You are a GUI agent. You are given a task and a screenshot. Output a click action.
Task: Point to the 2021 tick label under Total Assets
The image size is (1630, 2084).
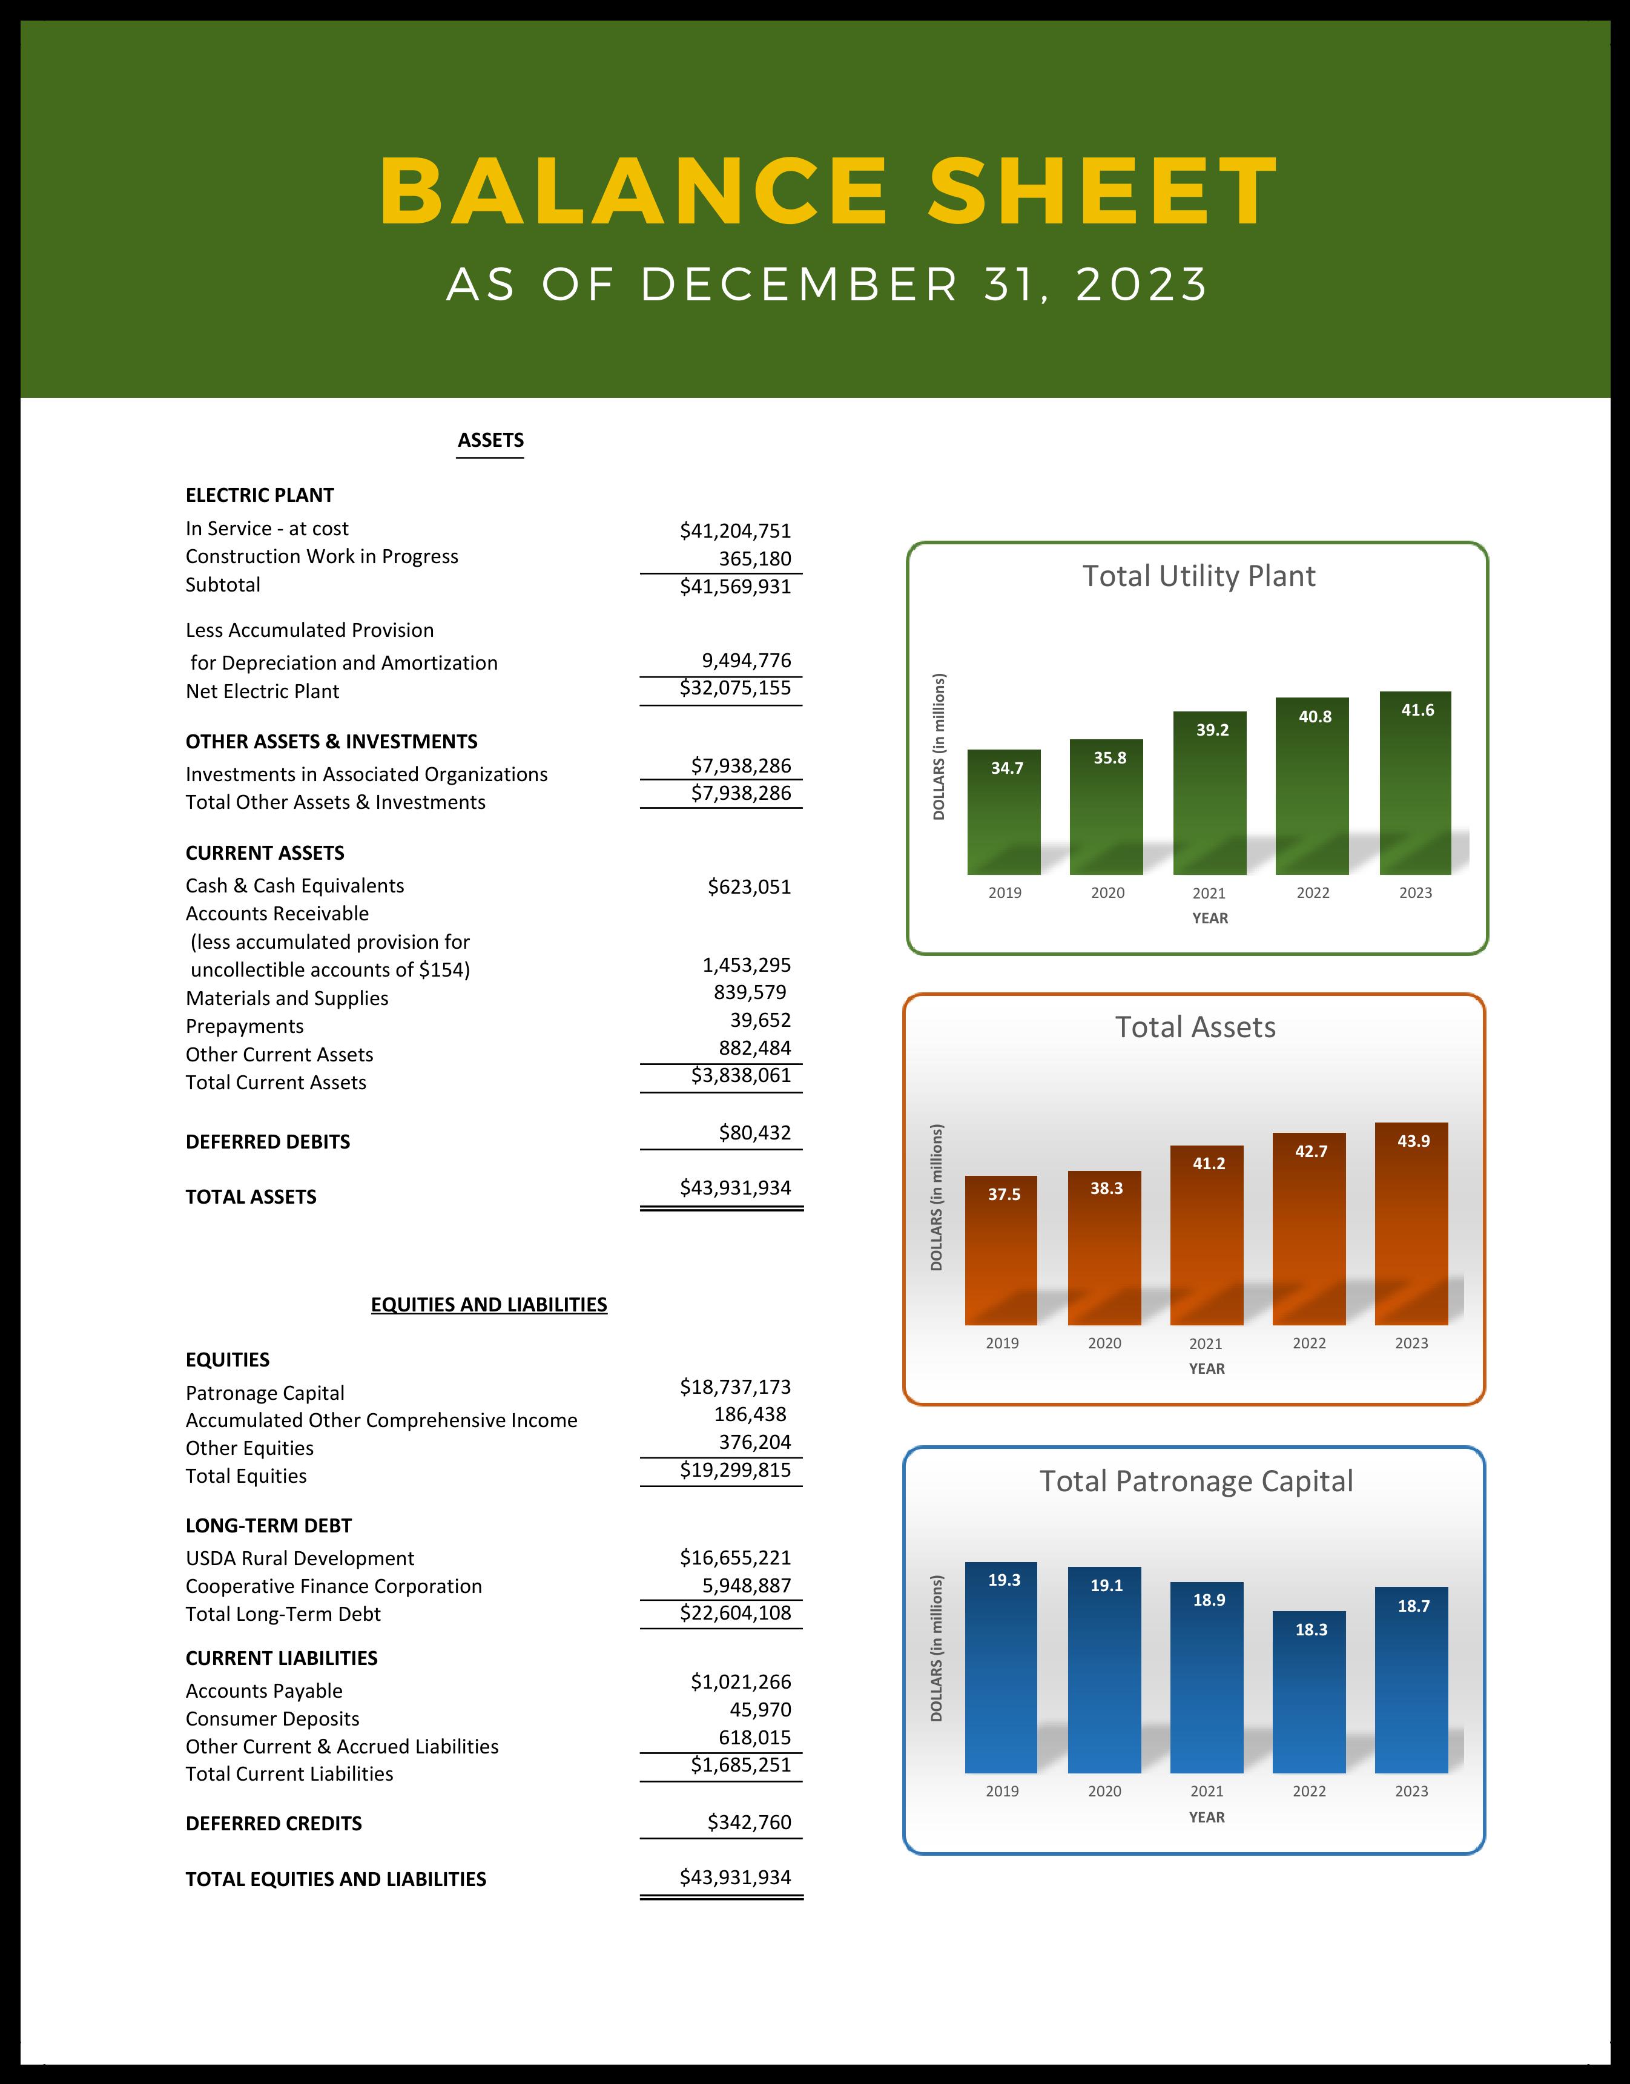coord(1206,1344)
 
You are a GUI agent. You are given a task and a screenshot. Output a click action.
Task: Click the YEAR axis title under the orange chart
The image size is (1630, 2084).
coord(1206,1368)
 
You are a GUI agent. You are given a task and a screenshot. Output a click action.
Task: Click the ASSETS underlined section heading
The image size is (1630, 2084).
coord(490,440)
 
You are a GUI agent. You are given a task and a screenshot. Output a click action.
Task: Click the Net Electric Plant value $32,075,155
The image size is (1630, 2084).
coord(735,688)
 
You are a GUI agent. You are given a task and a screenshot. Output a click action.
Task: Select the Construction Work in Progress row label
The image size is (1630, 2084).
coord(322,556)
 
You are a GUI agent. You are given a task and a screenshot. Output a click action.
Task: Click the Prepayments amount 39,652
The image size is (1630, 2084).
coord(761,1020)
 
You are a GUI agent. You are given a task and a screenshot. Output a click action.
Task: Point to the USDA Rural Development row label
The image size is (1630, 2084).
coord(300,1558)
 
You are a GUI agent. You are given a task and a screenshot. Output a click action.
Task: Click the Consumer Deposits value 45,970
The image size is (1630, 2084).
coord(761,1709)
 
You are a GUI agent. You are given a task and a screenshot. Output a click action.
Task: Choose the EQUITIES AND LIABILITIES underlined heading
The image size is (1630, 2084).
coord(489,1304)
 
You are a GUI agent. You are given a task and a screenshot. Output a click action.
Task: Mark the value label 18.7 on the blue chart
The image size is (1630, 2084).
coord(1413,1606)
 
